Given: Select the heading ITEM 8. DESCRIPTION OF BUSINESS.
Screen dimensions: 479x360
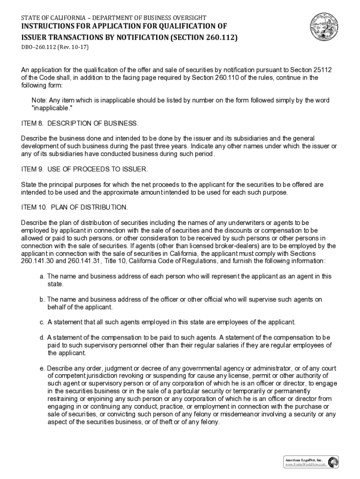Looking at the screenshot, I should click(x=79, y=123).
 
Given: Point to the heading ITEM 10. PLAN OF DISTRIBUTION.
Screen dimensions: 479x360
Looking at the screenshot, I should click(x=74, y=207).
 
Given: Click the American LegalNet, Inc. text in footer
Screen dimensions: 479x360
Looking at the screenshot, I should click(x=304, y=461).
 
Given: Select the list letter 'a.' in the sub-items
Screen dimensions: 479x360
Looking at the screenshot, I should click(x=43, y=276).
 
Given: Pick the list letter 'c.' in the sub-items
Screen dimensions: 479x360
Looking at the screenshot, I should click(x=43, y=322).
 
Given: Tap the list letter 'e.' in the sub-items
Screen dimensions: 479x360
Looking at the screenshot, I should click(x=43, y=368).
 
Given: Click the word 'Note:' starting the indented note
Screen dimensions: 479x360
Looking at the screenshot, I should click(x=39, y=101).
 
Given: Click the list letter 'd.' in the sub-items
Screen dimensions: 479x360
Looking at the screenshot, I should click(x=43, y=337).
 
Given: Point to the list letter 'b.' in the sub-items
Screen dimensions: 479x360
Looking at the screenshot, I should click(x=43, y=299).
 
